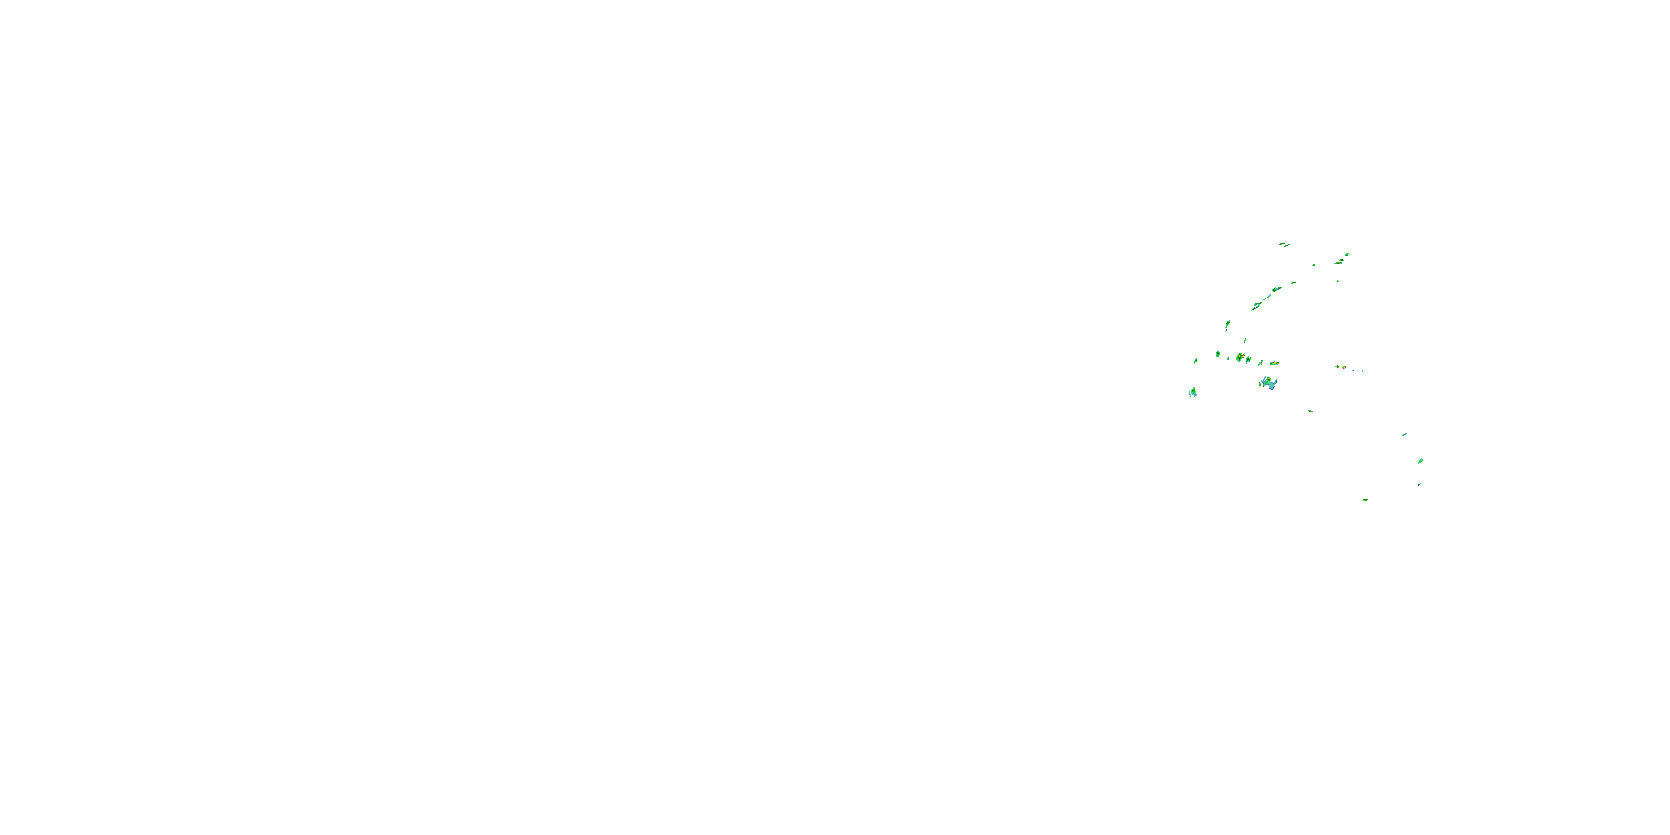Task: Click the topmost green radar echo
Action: pos(1284,244)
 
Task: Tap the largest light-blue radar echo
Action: pos(1269,383)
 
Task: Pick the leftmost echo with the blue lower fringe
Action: pos(1193,392)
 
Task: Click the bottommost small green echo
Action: pos(1366,500)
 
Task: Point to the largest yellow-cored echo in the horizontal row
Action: pos(1240,357)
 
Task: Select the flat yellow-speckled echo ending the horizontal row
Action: pos(1274,363)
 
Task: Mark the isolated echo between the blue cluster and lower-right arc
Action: pos(1310,411)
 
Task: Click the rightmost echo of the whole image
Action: pos(1421,460)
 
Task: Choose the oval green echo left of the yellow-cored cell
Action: pos(1218,354)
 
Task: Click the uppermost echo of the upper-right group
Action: pos(1347,255)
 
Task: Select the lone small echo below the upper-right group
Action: pos(1338,281)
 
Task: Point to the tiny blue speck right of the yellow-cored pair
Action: pos(1362,371)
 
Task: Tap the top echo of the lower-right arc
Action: pos(1404,434)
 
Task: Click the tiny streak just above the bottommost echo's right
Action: pos(1419,484)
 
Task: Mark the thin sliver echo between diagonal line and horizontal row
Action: pos(1245,341)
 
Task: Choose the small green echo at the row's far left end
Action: pos(1196,361)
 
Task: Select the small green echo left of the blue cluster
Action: pos(1260,384)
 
